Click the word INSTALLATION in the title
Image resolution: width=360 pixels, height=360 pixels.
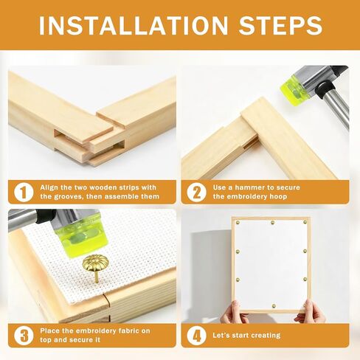pyautogui.click(x=134, y=25)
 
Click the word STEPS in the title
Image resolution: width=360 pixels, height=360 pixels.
pyautogui.click(x=280, y=25)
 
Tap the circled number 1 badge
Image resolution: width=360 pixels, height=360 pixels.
pyautogui.click(x=24, y=192)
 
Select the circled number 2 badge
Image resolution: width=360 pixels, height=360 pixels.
pyautogui.click(x=196, y=192)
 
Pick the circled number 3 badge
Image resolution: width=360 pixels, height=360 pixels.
pyautogui.click(x=24, y=336)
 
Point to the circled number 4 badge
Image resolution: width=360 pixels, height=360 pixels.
pyautogui.click(x=196, y=336)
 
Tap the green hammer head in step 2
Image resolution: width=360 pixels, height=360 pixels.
pyautogui.click(x=292, y=90)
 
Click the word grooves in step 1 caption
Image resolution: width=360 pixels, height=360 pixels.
pyautogui.click(x=66, y=197)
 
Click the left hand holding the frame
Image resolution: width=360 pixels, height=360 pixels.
pyautogui.click(x=234, y=311)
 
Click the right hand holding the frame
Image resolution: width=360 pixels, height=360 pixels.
pyautogui.click(x=311, y=311)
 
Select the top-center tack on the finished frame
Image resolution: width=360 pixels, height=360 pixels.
pyautogui.click(x=272, y=223)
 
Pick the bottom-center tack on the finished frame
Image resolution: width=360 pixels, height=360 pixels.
pyautogui.click(x=274, y=306)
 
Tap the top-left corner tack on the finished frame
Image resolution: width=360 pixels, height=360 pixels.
pyautogui.click(x=238, y=223)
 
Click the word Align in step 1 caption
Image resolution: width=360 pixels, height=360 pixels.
pyautogui.click(x=49, y=187)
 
